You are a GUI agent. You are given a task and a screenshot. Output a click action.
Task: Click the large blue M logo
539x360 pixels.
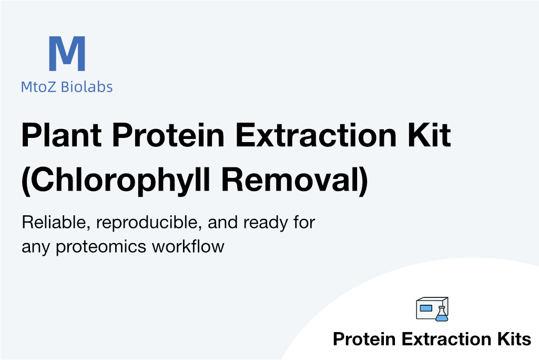click(x=67, y=53)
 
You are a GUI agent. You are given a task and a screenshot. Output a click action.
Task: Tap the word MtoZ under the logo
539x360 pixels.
click(x=38, y=87)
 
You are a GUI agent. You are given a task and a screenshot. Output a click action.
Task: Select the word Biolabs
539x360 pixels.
click(x=87, y=87)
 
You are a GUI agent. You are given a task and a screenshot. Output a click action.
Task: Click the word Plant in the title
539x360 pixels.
click(x=62, y=135)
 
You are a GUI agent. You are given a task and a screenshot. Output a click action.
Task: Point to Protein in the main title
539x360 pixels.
click(x=168, y=135)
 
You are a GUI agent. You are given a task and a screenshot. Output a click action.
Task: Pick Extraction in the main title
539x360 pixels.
click(x=316, y=135)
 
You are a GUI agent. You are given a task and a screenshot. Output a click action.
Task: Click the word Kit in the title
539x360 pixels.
click(x=429, y=135)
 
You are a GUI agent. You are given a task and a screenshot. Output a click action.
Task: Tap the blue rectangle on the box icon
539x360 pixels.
click(x=426, y=308)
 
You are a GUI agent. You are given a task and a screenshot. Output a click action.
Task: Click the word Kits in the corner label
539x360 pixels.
click(x=514, y=339)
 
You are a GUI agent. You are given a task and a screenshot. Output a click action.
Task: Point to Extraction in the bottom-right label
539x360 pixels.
click(x=446, y=339)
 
